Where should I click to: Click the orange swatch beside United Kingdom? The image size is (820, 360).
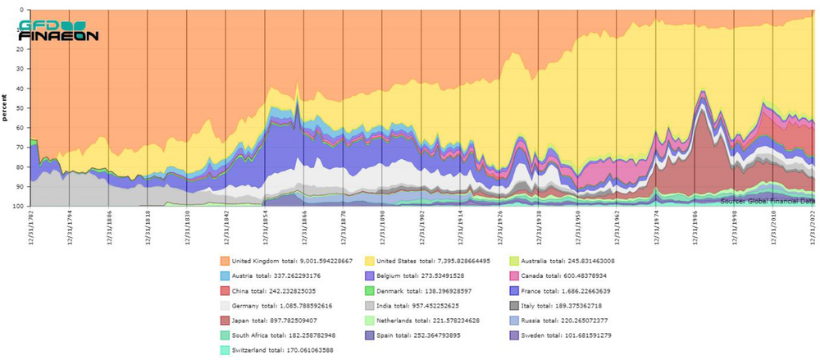click(225, 261)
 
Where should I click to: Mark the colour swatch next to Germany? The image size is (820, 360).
click(225, 305)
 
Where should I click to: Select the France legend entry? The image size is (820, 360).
click(567, 290)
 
